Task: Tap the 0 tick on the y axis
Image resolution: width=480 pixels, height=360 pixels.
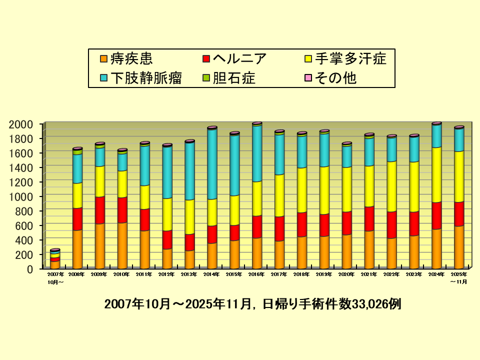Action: (x=29, y=269)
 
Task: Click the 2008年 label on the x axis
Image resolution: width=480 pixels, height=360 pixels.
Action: (x=77, y=274)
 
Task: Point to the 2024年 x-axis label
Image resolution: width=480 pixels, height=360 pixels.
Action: (x=436, y=274)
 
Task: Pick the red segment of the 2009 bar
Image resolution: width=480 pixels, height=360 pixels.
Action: (x=100, y=210)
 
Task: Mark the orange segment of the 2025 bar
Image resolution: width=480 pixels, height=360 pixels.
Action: (x=459, y=247)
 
